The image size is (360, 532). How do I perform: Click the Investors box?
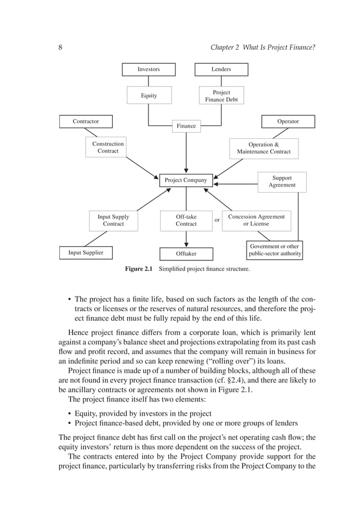tap(148, 69)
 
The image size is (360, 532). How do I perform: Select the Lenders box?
tap(221, 69)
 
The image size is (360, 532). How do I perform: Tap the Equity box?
tap(149, 96)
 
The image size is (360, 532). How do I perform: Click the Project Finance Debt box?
tap(221, 96)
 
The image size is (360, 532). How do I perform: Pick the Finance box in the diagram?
tap(186, 126)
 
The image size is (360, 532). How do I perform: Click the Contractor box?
tap(86, 121)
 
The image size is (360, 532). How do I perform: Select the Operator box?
tap(288, 121)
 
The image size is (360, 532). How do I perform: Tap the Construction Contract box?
tap(108, 147)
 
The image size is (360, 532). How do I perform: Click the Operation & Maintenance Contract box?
tap(264, 148)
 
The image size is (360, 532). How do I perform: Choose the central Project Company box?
tap(186, 181)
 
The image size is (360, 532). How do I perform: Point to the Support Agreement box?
tap(282, 182)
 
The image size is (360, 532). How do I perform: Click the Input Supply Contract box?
tap(113, 220)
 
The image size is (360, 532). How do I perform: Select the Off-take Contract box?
tap(186, 220)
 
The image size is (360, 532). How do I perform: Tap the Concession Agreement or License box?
tap(256, 220)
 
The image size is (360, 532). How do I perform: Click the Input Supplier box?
tap(86, 252)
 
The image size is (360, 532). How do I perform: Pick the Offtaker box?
tap(186, 254)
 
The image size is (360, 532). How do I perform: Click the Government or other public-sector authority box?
tap(275, 250)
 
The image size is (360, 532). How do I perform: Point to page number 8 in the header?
tap(60, 47)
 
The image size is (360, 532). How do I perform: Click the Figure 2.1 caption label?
tap(139, 269)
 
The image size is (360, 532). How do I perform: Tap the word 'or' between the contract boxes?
tap(217, 220)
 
